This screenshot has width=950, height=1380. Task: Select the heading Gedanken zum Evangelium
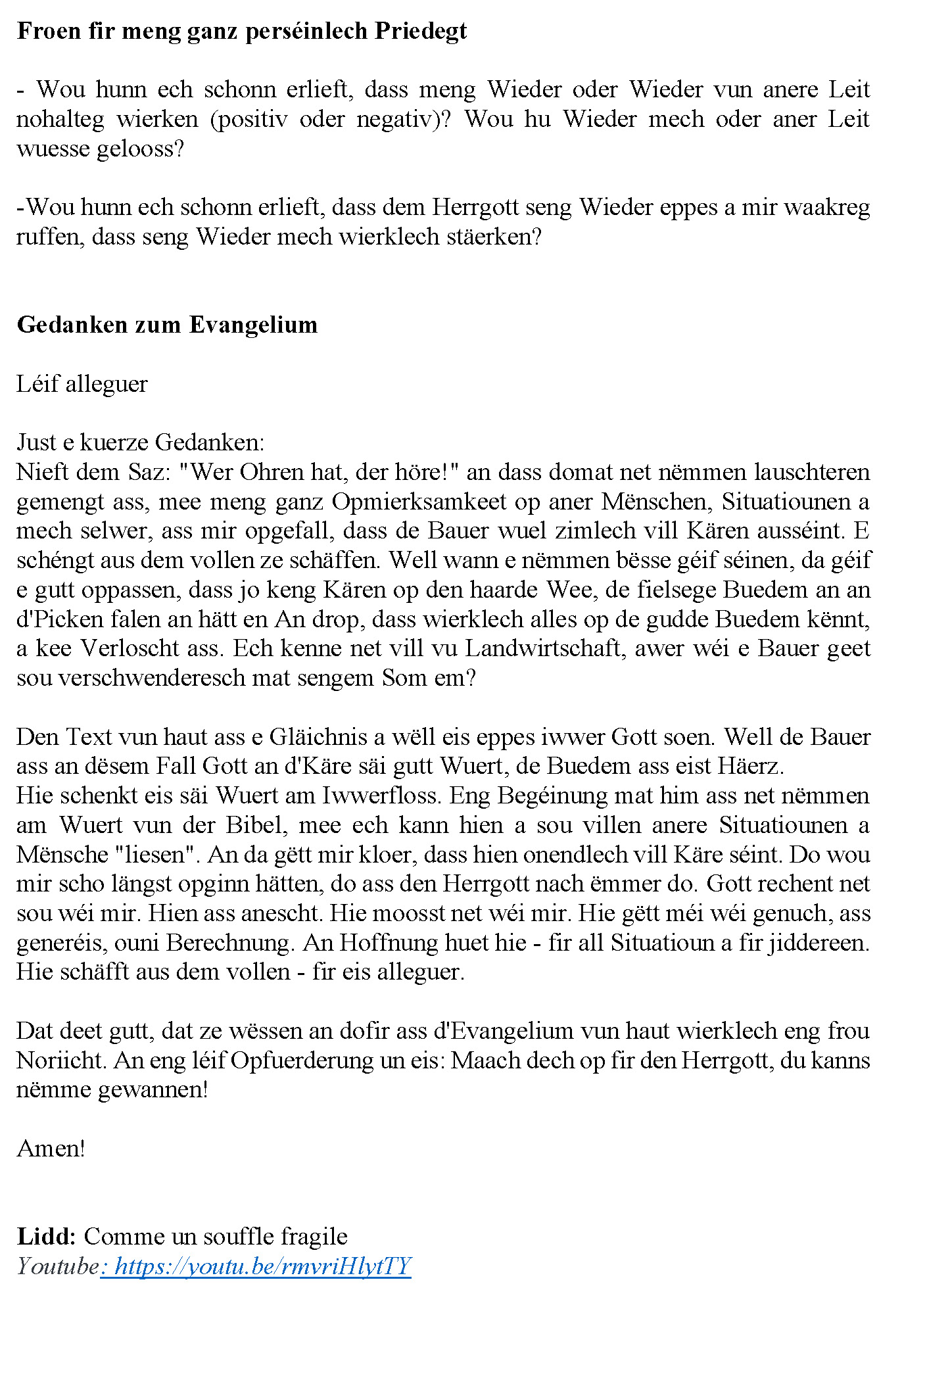(x=167, y=325)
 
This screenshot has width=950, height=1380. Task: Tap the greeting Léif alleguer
(x=82, y=384)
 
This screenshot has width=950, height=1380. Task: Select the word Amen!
(x=51, y=1148)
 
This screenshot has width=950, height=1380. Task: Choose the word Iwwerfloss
(x=381, y=796)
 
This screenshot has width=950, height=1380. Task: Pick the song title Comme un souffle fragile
(x=216, y=1236)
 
